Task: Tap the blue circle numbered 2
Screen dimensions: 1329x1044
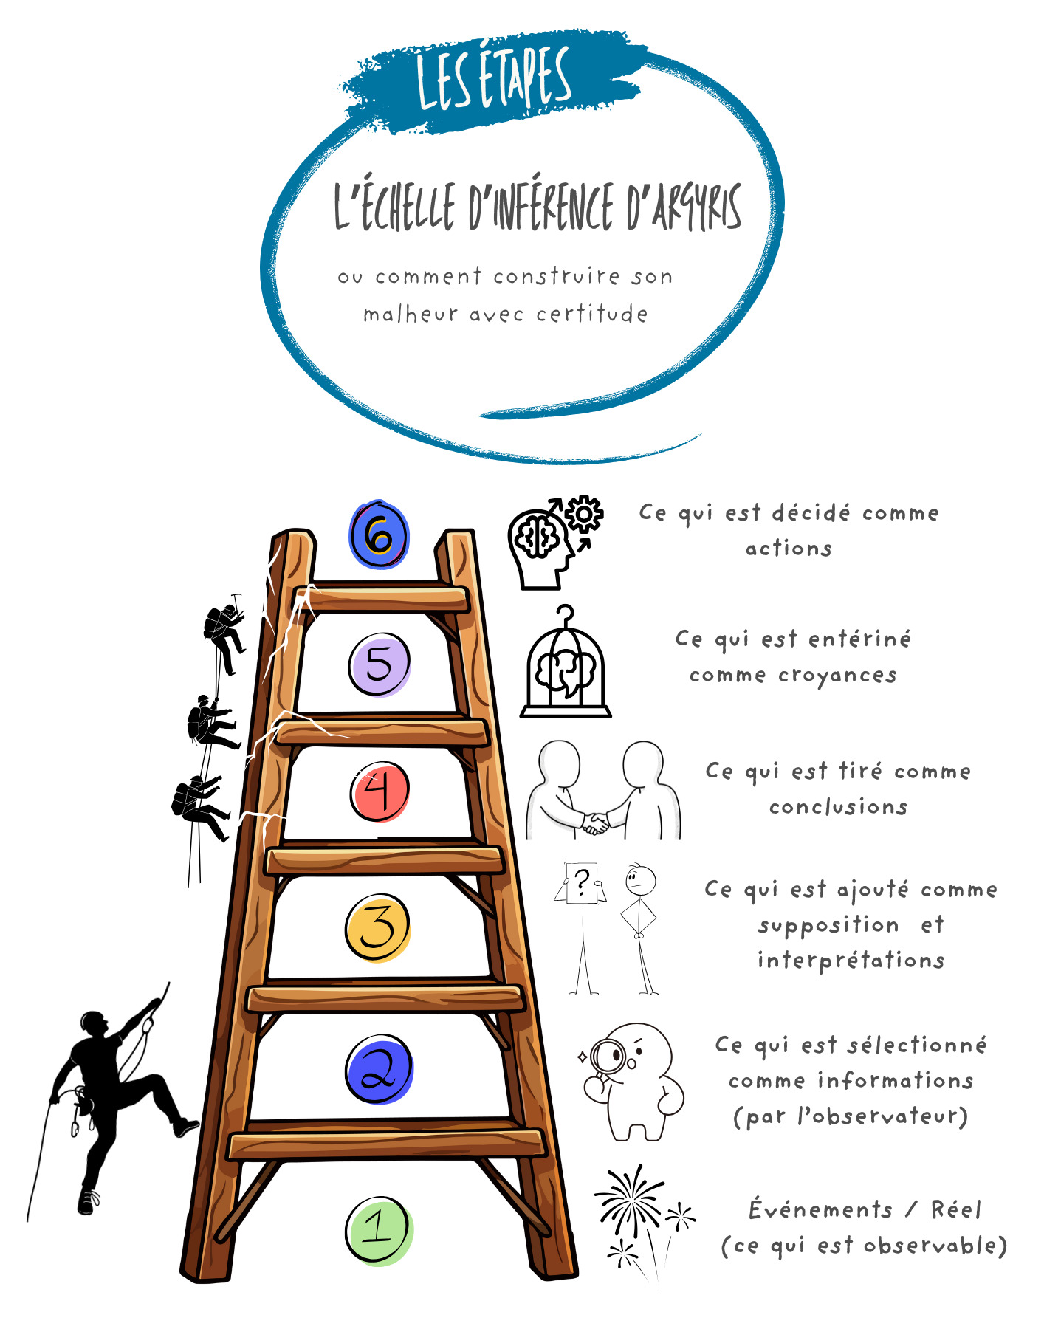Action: coord(379,1070)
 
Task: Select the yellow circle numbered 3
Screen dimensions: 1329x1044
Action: coord(378,927)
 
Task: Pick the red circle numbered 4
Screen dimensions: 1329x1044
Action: coord(380,791)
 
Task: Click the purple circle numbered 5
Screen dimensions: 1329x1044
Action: coord(380,664)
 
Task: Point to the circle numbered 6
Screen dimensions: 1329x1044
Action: coord(379,535)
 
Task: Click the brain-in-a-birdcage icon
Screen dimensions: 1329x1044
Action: coord(566,664)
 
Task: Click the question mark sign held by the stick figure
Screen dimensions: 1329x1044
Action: coord(582,882)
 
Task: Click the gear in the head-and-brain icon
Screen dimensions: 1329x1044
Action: coord(584,513)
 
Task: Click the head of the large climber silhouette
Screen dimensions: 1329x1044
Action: coord(94,1024)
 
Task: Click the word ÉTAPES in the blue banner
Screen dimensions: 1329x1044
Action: coord(525,78)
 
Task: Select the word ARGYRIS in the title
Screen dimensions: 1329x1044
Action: coord(696,207)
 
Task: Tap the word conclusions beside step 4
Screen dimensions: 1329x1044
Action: coord(838,807)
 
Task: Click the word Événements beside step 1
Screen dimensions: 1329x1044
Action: coord(821,1210)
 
